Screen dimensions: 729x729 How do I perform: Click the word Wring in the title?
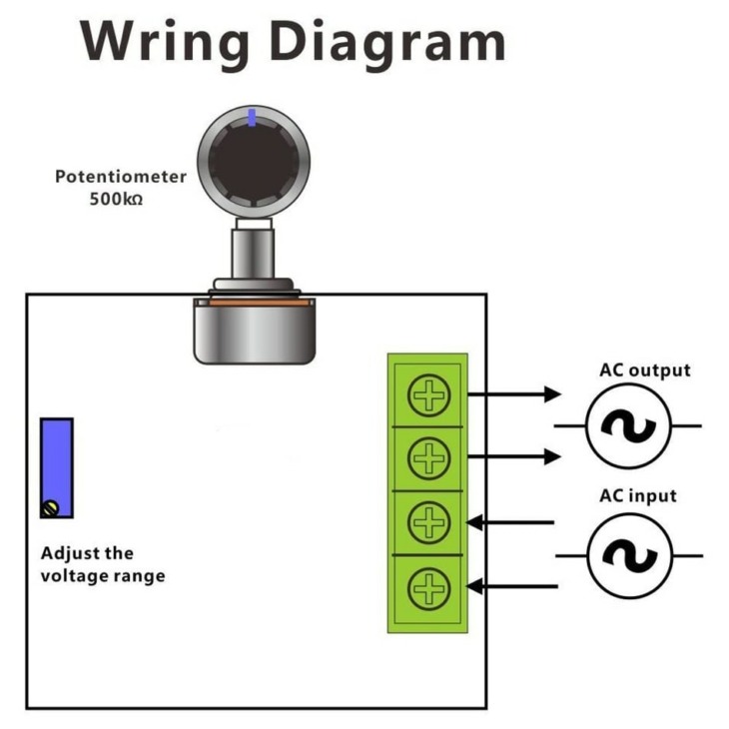pos(165,43)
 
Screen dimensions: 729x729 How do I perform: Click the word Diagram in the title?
pos(387,43)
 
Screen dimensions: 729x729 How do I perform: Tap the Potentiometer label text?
pos(121,177)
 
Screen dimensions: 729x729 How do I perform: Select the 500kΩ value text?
pos(116,199)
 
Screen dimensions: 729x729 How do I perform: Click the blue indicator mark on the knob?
pos(252,117)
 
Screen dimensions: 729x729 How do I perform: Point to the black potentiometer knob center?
pos(254,161)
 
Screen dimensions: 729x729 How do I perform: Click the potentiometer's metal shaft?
pos(253,254)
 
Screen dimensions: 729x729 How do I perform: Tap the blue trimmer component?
pos(57,467)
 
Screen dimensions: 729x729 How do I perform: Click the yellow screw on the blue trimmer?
pos(50,508)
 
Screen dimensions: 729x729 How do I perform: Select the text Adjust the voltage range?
pos(103,564)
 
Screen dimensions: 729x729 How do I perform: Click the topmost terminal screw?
pos(428,395)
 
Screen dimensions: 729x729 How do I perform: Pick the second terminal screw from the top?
pos(428,458)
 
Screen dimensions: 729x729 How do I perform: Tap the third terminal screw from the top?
pos(428,522)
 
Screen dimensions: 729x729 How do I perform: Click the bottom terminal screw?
pos(428,588)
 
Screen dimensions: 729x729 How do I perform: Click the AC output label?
pos(645,370)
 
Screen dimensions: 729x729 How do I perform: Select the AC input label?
pos(638,496)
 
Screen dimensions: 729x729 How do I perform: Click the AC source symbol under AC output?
pos(628,425)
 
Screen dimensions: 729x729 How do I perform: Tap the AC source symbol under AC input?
pos(629,555)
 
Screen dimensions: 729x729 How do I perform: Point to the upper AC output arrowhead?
pos(553,394)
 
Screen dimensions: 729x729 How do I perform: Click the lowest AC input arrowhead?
pos(474,586)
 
